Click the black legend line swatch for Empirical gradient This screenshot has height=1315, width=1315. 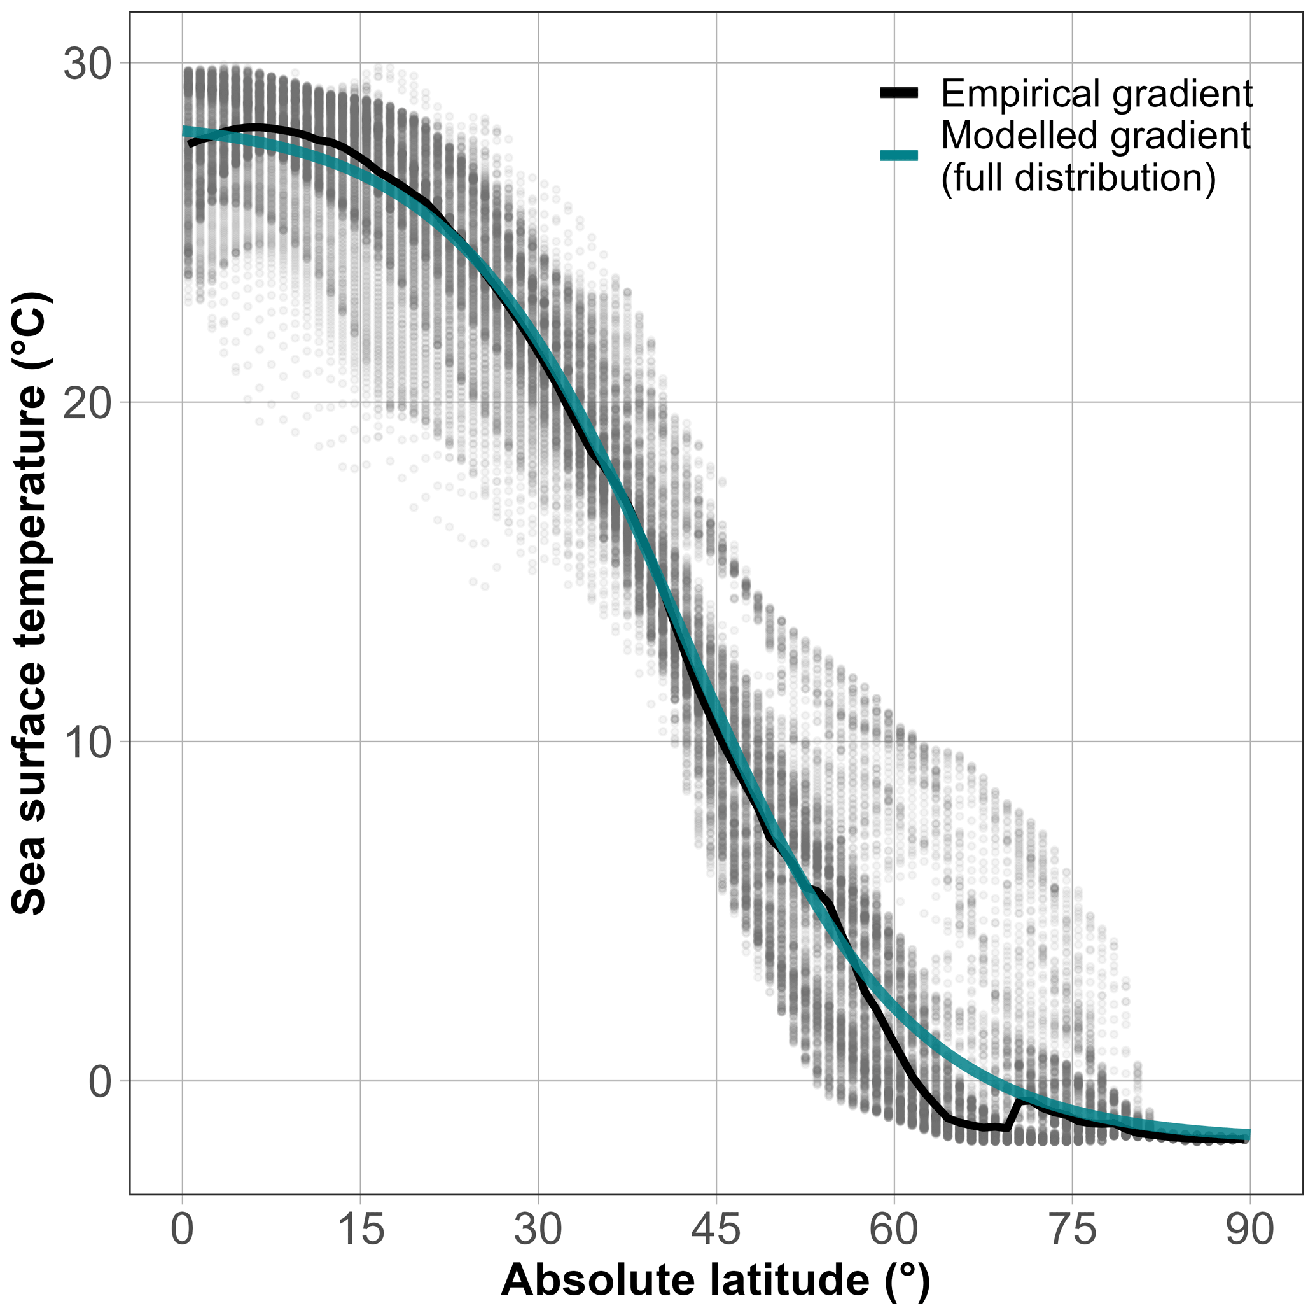pos(899,94)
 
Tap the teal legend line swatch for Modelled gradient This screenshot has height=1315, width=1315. pos(899,155)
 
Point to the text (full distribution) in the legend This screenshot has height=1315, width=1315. pos(1078,178)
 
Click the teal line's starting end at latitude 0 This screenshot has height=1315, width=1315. pos(185,131)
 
